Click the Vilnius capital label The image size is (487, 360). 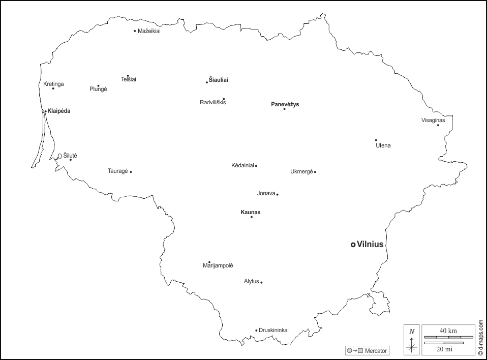(x=370, y=245)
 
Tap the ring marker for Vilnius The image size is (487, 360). (x=353, y=245)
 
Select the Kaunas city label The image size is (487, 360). (x=250, y=212)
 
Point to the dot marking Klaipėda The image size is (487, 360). (x=45, y=111)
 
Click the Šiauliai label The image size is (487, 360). (x=219, y=80)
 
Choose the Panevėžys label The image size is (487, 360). (x=285, y=104)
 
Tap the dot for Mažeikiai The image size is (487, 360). (x=135, y=31)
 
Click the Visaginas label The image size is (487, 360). (x=433, y=121)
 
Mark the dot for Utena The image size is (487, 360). (x=376, y=140)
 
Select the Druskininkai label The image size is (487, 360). (x=273, y=330)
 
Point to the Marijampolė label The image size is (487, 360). (x=218, y=266)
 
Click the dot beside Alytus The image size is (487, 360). (x=261, y=282)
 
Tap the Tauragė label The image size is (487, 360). (x=117, y=171)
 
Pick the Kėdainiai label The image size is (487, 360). (x=242, y=166)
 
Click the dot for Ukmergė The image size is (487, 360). (x=315, y=172)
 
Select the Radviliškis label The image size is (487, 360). (x=212, y=102)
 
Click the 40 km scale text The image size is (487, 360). (x=447, y=331)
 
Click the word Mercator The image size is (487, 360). (x=376, y=351)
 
